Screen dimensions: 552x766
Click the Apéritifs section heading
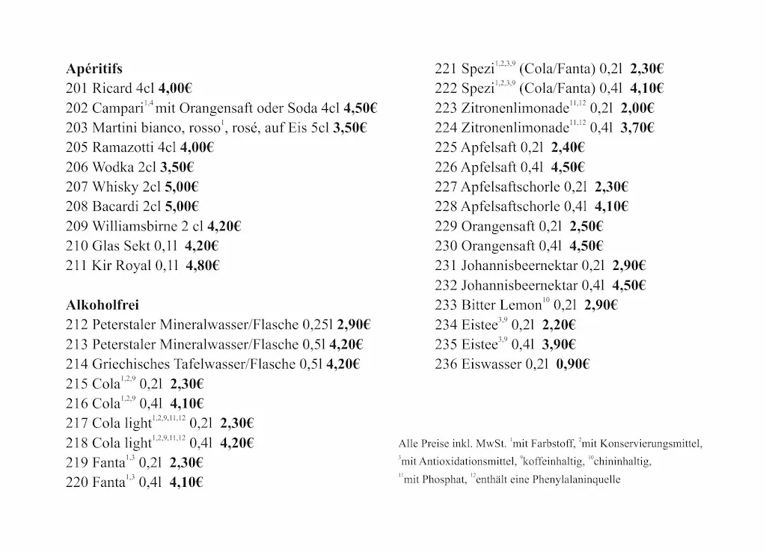click(x=94, y=69)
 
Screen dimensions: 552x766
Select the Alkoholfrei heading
click(x=102, y=305)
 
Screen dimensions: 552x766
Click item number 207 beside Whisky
click(x=77, y=187)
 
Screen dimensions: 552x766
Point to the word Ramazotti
click(x=123, y=147)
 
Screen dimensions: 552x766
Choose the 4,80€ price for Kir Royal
click(x=202, y=266)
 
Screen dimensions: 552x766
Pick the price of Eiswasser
click(x=573, y=364)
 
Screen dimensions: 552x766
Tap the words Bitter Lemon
click(x=500, y=305)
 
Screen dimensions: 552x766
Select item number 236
click(x=446, y=364)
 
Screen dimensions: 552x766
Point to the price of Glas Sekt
click(x=202, y=246)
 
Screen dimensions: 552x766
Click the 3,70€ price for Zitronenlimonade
click(x=637, y=128)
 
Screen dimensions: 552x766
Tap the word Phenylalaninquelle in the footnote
click(x=573, y=480)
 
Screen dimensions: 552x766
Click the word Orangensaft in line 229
click(x=498, y=226)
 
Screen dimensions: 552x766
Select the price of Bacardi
click(x=182, y=206)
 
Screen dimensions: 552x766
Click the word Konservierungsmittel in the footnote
click(x=652, y=443)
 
